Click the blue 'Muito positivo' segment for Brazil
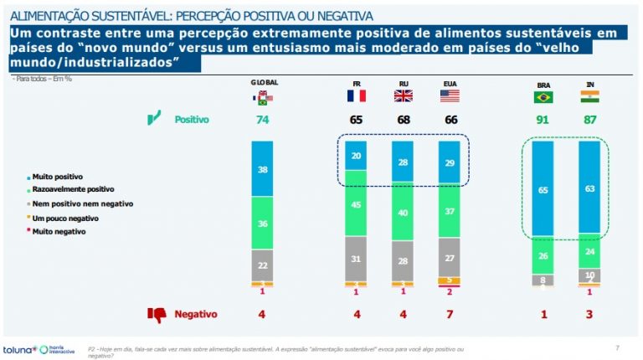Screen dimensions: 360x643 (543, 190)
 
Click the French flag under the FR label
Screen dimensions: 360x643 (357, 96)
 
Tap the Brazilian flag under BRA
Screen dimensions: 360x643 (543, 97)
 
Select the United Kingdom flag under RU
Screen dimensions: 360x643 (404, 96)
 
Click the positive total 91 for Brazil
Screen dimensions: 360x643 (543, 120)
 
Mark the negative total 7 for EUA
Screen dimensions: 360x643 (450, 315)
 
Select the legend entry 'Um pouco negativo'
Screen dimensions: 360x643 (60, 216)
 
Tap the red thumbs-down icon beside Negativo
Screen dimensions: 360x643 (156, 315)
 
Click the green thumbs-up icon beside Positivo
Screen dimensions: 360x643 (153, 119)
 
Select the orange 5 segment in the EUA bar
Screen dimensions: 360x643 (450, 280)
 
